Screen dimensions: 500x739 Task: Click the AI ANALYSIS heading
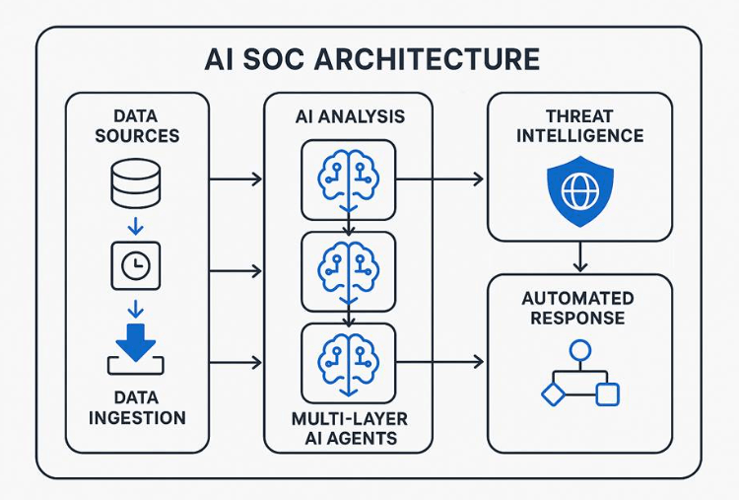pos(349,116)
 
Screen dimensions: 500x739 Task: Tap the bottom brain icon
pos(349,356)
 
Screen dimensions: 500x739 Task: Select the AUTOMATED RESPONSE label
pos(579,308)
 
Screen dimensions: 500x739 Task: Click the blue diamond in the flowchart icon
pos(550,394)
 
